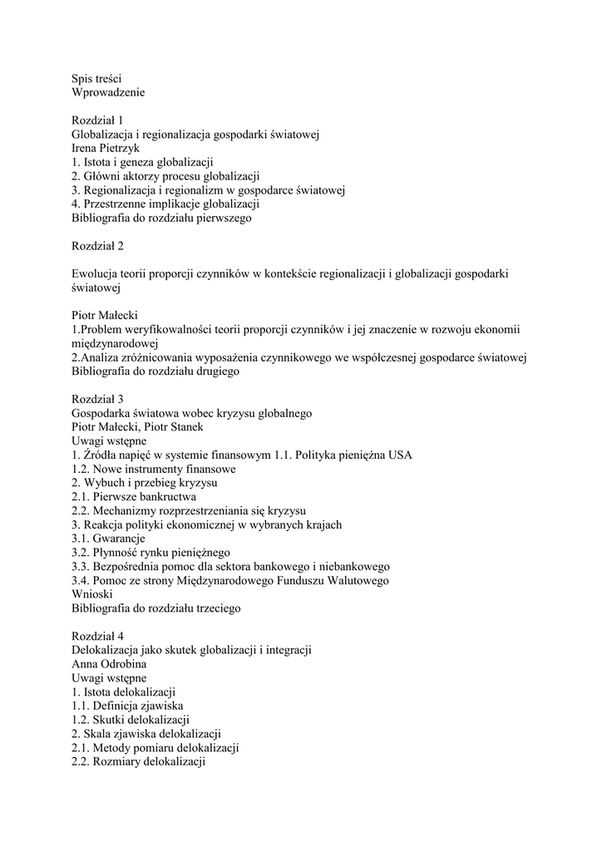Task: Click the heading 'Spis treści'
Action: click(x=96, y=78)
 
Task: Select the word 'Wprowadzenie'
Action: click(x=108, y=92)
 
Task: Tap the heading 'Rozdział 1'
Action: click(x=97, y=121)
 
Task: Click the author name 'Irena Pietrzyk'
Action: click(x=106, y=149)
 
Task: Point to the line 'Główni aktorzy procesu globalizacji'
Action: click(x=166, y=176)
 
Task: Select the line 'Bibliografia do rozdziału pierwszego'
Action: click(x=161, y=219)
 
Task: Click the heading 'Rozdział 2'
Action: click(x=97, y=247)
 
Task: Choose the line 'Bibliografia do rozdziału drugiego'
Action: click(x=155, y=371)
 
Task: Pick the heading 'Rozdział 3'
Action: click(x=97, y=400)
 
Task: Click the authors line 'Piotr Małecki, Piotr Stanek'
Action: click(x=138, y=427)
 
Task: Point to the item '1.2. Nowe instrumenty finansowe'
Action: click(x=141, y=470)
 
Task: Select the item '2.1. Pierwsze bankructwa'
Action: click(x=128, y=497)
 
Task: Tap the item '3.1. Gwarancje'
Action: click(x=109, y=539)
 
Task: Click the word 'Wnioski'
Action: click(x=91, y=595)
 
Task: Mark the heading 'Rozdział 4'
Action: click(x=97, y=637)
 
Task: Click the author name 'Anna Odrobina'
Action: click(x=108, y=665)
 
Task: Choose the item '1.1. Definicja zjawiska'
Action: click(x=127, y=706)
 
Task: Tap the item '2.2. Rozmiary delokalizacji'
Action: click(x=138, y=762)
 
